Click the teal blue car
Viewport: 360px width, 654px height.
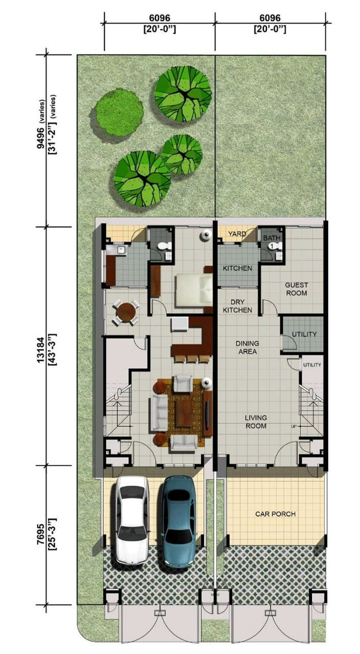pyautogui.click(x=179, y=521)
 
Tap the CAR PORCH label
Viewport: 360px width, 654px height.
pyautogui.click(x=275, y=514)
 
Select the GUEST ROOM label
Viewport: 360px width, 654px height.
pyautogui.click(x=296, y=289)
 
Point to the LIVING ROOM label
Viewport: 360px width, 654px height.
pyautogui.click(x=256, y=422)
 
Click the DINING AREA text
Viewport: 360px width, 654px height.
pyautogui.click(x=247, y=347)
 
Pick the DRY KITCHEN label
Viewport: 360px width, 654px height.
pyautogui.click(x=237, y=306)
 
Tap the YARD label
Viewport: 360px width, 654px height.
pyautogui.click(x=238, y=235)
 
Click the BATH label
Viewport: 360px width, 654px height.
pyautogui.click(x=271, y=238)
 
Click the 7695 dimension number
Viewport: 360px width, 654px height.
pyautogui.click(x=40, y=535)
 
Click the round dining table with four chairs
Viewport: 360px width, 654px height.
pyautogui.click(x=126, y=312)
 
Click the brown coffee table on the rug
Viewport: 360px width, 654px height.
pyautogui.click(x=184, y=413)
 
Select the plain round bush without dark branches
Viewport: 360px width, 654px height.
pyautogui.click(x=119, y=112)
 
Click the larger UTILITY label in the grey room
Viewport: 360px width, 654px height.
pyautogui.click(x=304, y=334)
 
